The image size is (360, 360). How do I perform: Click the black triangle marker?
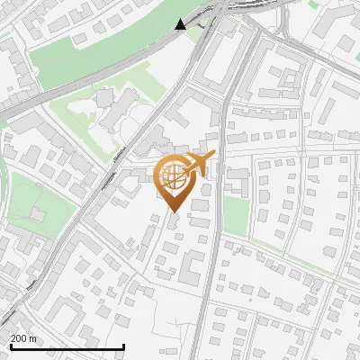(181, 23)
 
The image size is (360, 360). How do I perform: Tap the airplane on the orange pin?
(196, 165)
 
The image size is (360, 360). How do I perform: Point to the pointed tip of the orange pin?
(172, 211)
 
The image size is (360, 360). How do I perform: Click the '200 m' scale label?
(23, 338)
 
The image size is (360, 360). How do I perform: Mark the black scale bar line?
(67, 346)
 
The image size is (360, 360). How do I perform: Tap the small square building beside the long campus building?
(104, 94)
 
